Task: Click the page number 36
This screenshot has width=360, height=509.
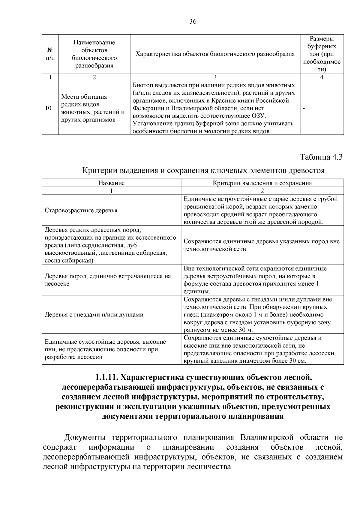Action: point(193,21)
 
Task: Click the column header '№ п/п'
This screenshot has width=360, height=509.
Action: point(50,54)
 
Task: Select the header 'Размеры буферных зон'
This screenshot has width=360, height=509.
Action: point(322,54)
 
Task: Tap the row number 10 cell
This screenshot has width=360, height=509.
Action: point(48,108)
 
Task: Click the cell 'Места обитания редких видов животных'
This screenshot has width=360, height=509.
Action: point(93,108)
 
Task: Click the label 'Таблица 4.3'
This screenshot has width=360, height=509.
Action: point(321,157)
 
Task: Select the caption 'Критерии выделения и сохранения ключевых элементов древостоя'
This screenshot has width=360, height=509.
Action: point(203,171)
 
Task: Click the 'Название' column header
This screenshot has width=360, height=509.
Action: point(111,183)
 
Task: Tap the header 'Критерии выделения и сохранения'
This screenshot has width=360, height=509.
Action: point(262,183)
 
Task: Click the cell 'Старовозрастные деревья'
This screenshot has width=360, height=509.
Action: point(81,211)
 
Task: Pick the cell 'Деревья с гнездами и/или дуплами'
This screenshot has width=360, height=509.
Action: point(94,315)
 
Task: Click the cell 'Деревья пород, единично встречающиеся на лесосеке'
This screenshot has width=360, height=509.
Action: point(108,280)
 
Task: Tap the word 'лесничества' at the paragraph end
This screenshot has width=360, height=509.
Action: point(212,467)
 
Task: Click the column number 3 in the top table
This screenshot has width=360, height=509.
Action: point(215,77)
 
